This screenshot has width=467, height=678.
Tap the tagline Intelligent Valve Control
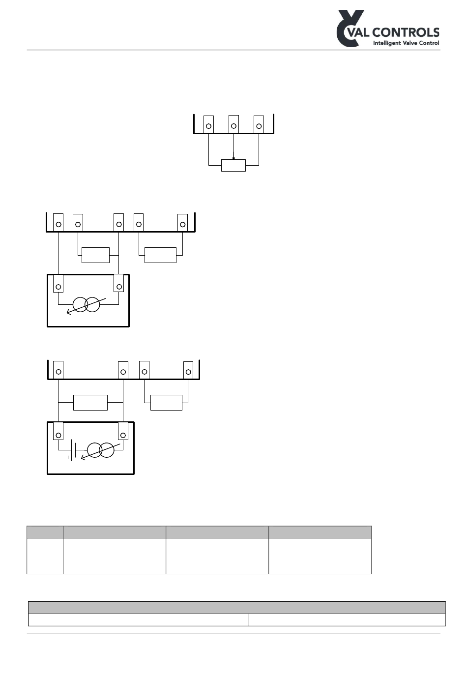406,43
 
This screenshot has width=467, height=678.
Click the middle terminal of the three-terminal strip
233,126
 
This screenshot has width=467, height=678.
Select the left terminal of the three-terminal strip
209,126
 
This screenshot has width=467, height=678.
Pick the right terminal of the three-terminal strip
259,126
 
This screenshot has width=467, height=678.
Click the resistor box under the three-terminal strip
233,165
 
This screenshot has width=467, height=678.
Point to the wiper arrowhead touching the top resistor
233,158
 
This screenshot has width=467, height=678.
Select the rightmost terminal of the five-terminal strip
182,224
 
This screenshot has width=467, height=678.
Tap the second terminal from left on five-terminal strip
78,224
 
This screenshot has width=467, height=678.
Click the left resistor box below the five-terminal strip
95,255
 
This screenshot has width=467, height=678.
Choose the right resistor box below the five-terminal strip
160,255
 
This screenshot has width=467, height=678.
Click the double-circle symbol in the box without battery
86,305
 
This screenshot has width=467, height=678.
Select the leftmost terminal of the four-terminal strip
58,370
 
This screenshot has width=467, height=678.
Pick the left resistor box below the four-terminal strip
90,402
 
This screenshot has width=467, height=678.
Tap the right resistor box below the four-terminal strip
166,402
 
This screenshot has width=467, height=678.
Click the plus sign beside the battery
68,457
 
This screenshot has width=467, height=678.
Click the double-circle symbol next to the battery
100,450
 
